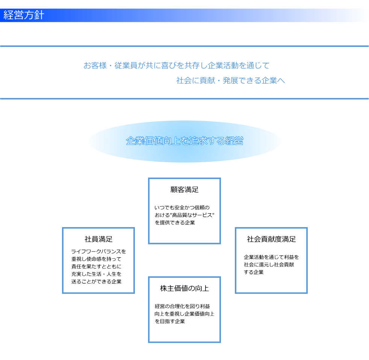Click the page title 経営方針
(24, 15)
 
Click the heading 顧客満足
(184, 190)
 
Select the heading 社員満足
(98, 239)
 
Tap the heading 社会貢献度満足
(271, 239)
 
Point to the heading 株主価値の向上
(184, 288)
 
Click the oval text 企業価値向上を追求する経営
(184, 141)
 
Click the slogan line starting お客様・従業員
(177, 65)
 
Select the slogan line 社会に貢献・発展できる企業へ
(231, 80)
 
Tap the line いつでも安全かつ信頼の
(182, 208)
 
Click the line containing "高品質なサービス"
(184, 215)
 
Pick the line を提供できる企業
(175, 223)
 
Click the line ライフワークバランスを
(98, 252)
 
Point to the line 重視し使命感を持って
(96, 259)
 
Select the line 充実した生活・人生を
(96, 274)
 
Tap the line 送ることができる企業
(96, 282)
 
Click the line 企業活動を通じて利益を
(271, 257)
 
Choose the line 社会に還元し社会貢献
(269, 265)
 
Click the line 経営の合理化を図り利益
(182, 306)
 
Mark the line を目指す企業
(170, 321)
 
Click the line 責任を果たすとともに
(96, 267)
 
